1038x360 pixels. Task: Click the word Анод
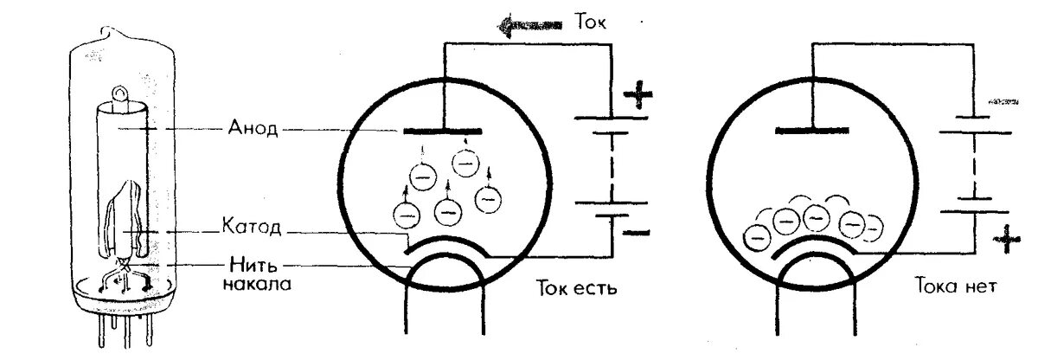click(253, 130)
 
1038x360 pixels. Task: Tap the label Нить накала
click(255, 273)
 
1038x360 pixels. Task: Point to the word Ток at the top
click(592, 23)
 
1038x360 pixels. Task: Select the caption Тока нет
click(955, 286)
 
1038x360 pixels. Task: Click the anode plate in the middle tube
click(442, 132)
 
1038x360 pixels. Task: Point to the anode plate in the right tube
click(811, 131)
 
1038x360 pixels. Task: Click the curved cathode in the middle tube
click(445, 243)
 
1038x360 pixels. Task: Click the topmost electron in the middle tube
click(466, 162)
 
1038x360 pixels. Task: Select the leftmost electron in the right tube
click(758, 234)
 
